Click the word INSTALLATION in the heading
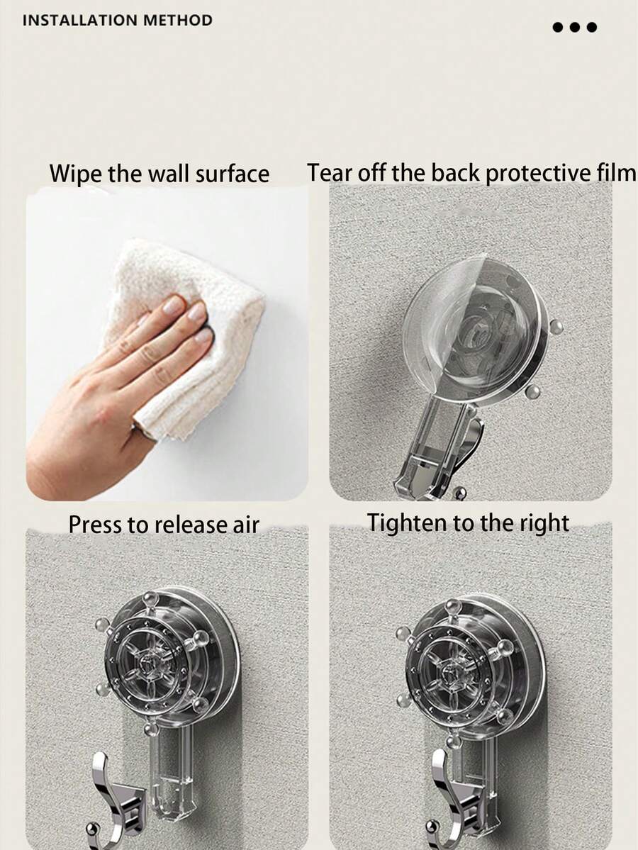[79, 21]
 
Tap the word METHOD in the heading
[178, 21]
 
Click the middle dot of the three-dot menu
[575, 27]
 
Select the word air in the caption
[245, 525]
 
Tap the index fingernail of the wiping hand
[174, 306]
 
